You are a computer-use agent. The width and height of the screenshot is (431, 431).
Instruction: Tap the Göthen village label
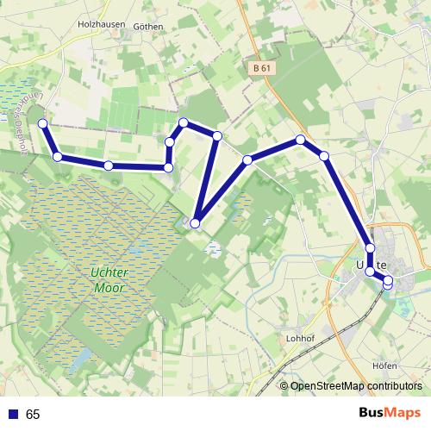(x=148, y=27)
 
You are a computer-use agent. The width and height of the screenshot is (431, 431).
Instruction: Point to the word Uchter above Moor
(x=109, y=272)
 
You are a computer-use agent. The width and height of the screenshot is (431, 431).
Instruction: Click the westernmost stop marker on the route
(x=43, y=124)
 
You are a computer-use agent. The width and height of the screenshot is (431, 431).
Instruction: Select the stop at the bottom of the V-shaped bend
(x=195, y=224)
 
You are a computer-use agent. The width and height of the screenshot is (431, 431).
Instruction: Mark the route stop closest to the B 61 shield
(x=301, y=140)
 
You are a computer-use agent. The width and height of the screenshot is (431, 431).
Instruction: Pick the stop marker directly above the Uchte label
(x=371, y=248)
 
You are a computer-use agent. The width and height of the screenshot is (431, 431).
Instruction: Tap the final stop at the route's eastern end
(x=388, y=281)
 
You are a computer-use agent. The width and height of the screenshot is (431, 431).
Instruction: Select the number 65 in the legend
(x=33, y=415)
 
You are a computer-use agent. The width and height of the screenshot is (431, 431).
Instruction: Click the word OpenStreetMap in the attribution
(x=328, y=386)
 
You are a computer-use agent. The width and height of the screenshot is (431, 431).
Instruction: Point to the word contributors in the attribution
(x=395, y=386)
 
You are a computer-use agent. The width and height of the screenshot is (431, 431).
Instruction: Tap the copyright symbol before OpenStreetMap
(x=284, y=386)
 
